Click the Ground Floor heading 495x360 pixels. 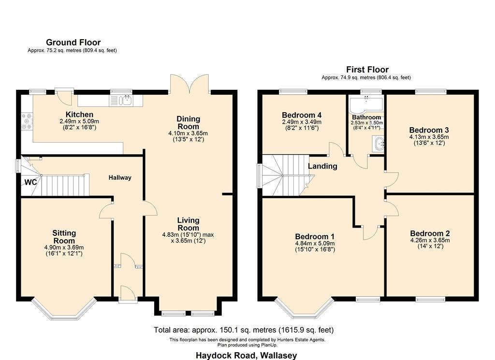tap(73, 42)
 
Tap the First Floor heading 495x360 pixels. tap(367, 70)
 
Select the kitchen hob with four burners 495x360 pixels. tap(27, 121)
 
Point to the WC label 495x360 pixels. tap(30, 182)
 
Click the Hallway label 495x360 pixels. tap(120, 178)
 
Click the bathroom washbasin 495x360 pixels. tap(378, 144)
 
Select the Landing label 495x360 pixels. tap(322, 166)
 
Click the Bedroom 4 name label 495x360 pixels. tap(302, 115)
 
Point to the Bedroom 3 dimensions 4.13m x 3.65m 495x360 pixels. tap(429, 137)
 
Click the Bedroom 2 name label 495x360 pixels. tap(430, 233)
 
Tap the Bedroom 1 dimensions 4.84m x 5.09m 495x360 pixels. tap(315, 243)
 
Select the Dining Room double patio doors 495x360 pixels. tap(189, 84)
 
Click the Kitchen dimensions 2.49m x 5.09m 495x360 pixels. tap(79, 121)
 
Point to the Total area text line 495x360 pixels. tap(244, 330)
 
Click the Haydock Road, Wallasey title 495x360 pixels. tap(246, 355)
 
